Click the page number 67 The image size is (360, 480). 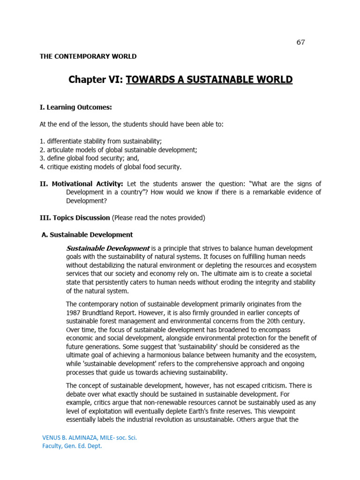[x=300, y=42]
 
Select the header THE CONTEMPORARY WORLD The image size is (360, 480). [x=88, y=56]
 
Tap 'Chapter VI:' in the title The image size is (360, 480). [x=96, y=80]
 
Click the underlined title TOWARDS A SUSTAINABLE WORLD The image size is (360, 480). [x=209, y=80]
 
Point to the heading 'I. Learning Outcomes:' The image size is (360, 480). [x=75, y=107]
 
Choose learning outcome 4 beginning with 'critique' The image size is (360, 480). [x=110, y=167]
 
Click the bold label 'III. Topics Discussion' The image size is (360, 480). [x=75, y=217]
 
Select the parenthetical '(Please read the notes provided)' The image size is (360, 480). [x=158, y=217]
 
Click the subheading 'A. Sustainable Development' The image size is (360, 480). [x=88, y=234]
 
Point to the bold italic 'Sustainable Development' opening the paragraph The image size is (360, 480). [x=108, y=248]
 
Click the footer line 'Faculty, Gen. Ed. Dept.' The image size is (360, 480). [x=72, y=446]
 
